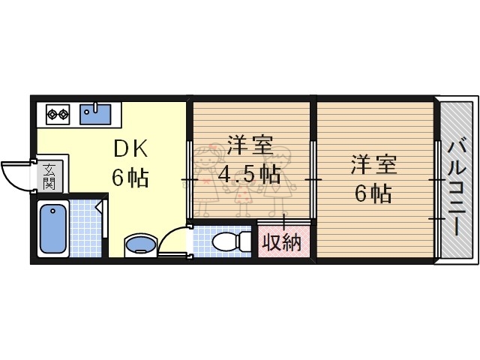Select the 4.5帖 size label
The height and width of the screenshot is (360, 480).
[249, 174]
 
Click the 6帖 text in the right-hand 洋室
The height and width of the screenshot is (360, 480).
[373, 193]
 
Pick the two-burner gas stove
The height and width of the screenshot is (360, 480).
[58, 115]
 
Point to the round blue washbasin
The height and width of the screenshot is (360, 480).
[140, 244]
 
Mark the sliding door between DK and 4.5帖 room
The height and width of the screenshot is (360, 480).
[189, 180]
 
